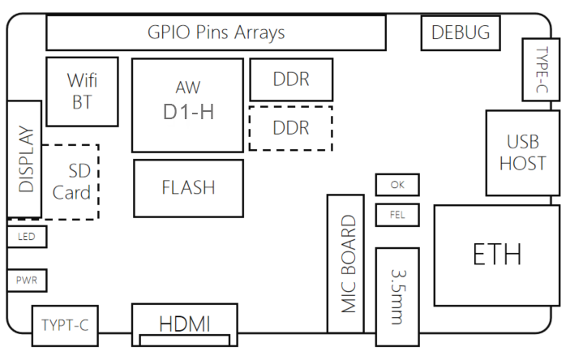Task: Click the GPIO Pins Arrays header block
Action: [216, 32]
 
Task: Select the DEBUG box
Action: [461, 33]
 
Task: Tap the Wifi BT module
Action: [81, 91]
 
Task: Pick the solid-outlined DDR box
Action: [291, 79]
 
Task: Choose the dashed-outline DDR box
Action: [291, 128]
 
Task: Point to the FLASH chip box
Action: [188, 188]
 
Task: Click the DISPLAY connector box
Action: [24, 159]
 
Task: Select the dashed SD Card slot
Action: [73, 182]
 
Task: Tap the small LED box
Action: [27, 238]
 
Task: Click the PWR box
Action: [27, 281]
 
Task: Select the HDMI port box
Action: [185, 324]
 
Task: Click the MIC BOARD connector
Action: [347, 264]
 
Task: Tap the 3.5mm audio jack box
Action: [397, 296]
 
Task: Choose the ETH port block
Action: [496, 255]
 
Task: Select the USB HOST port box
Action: [522, 152]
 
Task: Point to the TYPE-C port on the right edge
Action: [541, 71]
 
